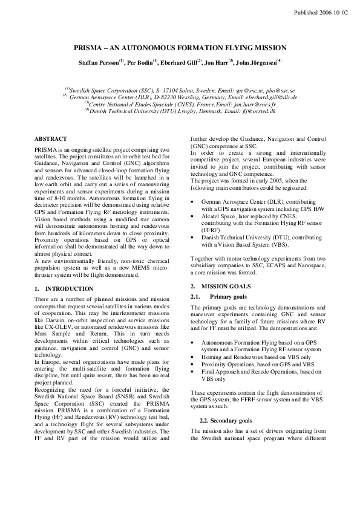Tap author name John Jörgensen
(255, 62)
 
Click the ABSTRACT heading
(51, 138)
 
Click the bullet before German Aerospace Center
(193, 201)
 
